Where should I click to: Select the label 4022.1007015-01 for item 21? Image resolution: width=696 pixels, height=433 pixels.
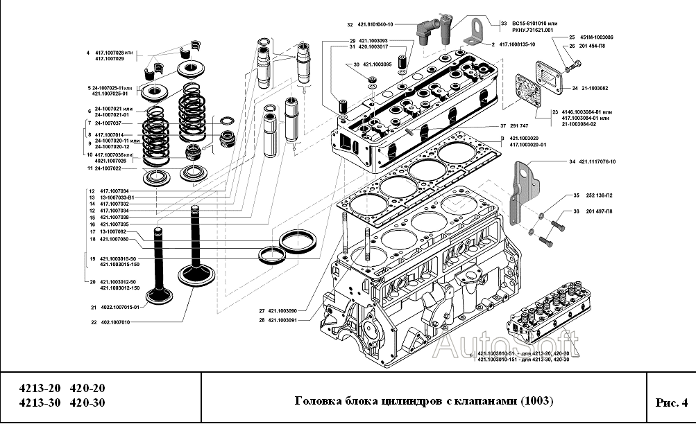click(x=119, y=307)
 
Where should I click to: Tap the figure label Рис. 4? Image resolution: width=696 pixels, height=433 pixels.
click(x=670, y=403)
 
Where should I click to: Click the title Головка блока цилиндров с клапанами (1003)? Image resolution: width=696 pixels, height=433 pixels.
click(x=424, y=402)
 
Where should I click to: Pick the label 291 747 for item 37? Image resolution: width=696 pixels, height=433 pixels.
click(x=519, y=126)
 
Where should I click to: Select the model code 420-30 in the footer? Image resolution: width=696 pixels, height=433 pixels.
click(x=88, y=403)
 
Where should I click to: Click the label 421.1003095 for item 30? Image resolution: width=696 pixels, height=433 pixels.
click(x=377, y=64)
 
